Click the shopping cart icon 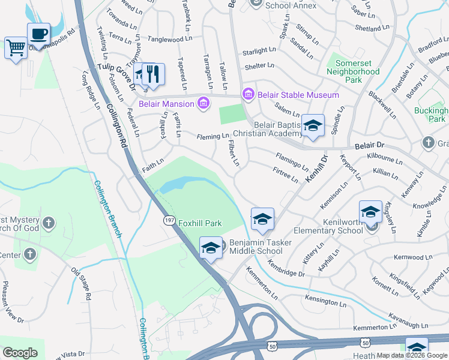click(x=15, y=47)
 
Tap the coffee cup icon click(x=38, y=33)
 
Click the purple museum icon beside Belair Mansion click(x=203, y=104)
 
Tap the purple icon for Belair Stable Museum click(x=248, y=94)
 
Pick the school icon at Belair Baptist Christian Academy click(x=313, y=126)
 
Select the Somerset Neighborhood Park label click(x=353, y=67)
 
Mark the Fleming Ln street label click(x=213, y=137)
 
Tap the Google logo click(x=20, y=353)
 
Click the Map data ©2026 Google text click(x=412, y=355)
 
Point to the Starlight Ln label click(x=259, y=52)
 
